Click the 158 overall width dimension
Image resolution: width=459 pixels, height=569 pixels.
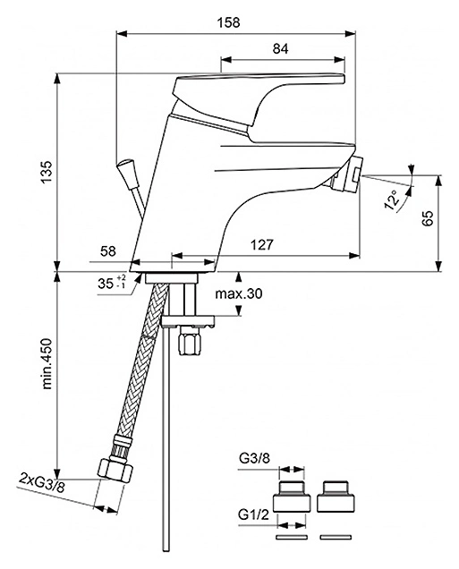coord(228,22)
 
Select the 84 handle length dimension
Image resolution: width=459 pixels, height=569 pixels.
coord(280,49)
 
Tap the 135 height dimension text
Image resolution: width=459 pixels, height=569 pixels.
coord(47,173)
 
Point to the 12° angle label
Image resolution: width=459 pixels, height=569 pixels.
coord(393,200)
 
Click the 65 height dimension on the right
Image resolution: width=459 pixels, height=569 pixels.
coord(429,218)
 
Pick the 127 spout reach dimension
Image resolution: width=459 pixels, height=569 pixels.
coord(262,245)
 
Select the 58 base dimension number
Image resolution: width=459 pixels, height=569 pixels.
coord(107,251)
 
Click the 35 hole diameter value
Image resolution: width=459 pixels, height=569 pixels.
coord(106,284)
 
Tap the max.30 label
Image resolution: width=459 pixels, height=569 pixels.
coord(239,293)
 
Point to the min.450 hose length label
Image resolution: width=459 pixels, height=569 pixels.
coord(47,363)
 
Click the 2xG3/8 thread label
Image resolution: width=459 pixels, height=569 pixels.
coord(42,484)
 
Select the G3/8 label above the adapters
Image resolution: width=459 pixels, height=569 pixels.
coord(254,459)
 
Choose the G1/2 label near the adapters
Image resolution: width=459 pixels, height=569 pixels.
coord(253,514)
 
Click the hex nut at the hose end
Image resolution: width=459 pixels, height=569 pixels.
coord(115,470)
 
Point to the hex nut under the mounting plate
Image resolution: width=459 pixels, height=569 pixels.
coord(189,342)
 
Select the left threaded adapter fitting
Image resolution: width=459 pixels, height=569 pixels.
coord(292,497)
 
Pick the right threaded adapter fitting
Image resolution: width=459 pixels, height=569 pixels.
coord(335,497)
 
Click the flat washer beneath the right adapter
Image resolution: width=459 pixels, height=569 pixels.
coord(336,537)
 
